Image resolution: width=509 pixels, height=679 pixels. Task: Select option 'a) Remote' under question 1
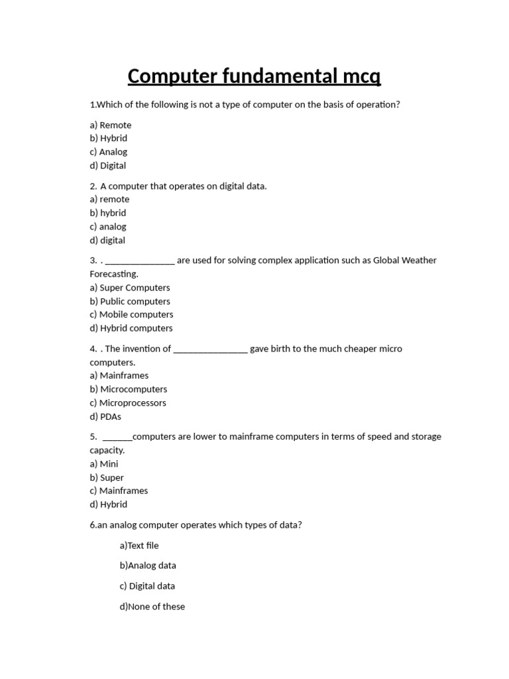click(x=111, y=125)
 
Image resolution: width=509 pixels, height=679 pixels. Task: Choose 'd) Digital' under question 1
click(x=108, y=165)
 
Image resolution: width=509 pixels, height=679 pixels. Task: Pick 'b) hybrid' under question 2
click(x=108, y=213)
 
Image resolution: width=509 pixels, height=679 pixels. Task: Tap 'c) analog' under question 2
click(x=108, y=226)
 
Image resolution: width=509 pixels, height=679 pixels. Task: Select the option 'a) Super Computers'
click(x=130, y=287)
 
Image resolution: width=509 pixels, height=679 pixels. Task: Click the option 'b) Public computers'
click(x=130, y=301)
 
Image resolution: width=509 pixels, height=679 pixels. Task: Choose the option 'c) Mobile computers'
click(x=131, y=314)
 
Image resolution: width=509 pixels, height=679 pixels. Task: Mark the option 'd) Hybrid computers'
click(x=131, y=328)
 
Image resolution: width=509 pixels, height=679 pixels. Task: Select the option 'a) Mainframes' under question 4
click(x=119, y=375)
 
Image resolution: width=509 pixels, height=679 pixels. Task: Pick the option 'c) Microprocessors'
click(x=128, y=402)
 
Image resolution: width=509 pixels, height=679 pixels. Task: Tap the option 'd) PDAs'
click(x=105, y=416)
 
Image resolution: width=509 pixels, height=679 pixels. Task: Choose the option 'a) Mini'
click(x=104, y=463)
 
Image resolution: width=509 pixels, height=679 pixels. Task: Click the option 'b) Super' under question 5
click(x=107, y=477)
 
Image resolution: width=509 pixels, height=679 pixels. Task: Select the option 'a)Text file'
click(x=139, y=545)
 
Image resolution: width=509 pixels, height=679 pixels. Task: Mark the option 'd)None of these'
click(x=152, y=606)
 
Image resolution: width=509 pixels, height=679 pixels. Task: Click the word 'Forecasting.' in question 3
click(x=114, y=274)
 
